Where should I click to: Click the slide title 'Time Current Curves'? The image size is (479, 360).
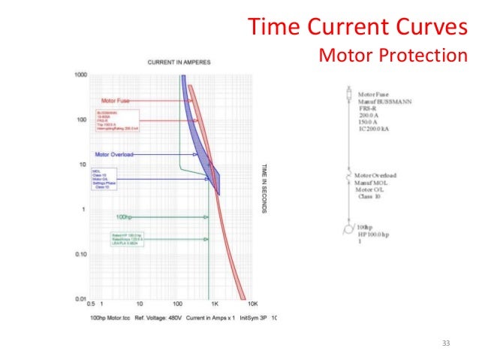coord(357,28)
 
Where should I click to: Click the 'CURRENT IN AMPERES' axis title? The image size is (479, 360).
coord(179,60)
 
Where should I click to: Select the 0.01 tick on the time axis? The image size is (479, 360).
coord(80,300)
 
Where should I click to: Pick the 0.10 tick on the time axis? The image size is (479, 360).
coord(80,255)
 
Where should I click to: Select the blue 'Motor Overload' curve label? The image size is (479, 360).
coord(114,155)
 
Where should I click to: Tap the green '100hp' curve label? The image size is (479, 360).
coord(125,216)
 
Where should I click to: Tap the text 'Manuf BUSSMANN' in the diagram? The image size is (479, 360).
coord(384,101)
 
